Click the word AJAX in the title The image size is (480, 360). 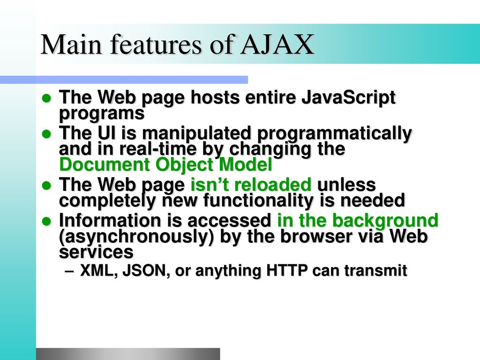click(277, 45)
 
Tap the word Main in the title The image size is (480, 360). click(71, 45)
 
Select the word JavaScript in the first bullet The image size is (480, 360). click(348, 98)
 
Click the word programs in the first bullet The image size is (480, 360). click(102, 113)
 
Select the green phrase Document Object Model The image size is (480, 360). click(165, 165)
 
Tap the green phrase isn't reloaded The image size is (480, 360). click(251, 185)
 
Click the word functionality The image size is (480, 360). click(258, 201)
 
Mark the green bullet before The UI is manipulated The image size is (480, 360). click(46, 134)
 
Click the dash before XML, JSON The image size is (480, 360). click(69, 271)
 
